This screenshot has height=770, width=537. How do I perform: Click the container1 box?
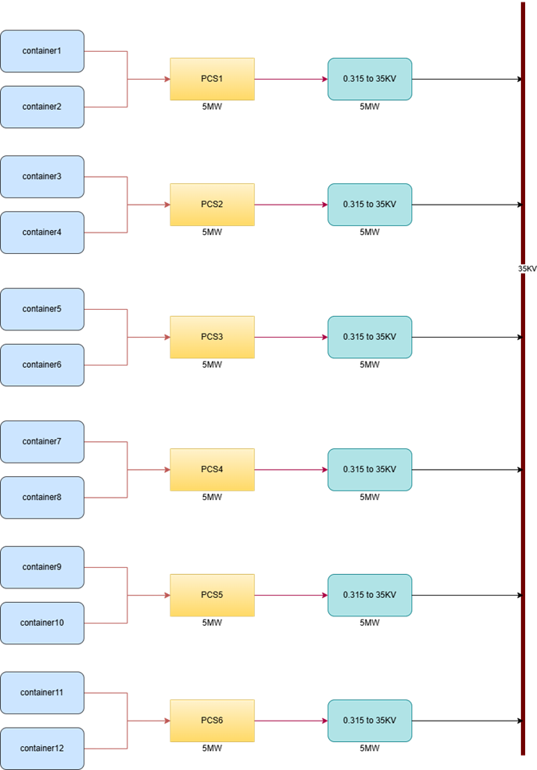(x=42, y=52)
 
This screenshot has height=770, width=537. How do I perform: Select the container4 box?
(x=42, y=233)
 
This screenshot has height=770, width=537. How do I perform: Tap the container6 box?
(x=42, y=365)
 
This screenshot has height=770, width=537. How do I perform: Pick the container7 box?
(x=42, y=442)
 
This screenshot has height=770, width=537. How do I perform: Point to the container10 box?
(x=42, y=623)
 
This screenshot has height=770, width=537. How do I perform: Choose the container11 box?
(x=42, y=693)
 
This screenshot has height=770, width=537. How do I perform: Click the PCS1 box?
(x=212, y=79)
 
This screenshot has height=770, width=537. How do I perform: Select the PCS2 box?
(x=212, y=205)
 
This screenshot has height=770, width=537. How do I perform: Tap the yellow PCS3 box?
(x=212, y=337)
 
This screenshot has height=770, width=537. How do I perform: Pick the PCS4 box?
(x=212, y=469)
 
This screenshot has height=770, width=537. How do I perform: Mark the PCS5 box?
(x=212, y=595)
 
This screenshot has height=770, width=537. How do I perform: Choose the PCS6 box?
(x=212, y=721)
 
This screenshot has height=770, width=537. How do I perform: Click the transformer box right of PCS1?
(x=370, y=79)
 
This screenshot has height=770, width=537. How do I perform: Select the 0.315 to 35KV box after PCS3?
(x=370, y=337)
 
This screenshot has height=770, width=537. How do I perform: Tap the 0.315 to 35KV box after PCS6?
(x=370, y=721)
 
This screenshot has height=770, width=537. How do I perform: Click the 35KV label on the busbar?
(x=527, y=269)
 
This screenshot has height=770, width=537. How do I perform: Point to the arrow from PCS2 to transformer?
(x=291, y=205)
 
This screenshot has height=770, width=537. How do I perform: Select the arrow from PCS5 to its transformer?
(x=291, y=595)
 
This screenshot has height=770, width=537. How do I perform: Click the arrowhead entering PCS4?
(x=166, y=470)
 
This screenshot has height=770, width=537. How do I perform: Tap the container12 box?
(x=42, y=749)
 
